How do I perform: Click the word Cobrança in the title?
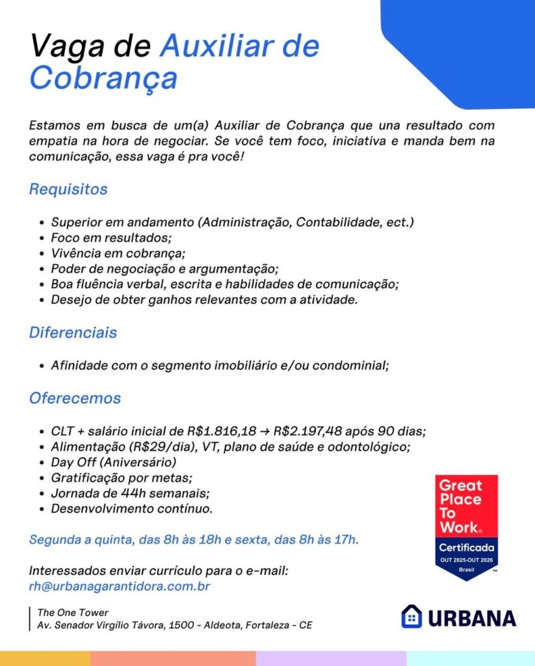click(x=103, y=79)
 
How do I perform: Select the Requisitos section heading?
click(x=68, y=190)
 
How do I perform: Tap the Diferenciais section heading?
click(x=73, y=332)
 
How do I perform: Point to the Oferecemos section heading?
click(x=75, y=397)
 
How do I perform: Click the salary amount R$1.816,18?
click(x=222, y=431)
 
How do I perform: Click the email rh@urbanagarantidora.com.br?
click(x=120, y=586)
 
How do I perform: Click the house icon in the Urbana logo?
click(x=411, y=617)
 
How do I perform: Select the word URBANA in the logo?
click(x=472, y=618)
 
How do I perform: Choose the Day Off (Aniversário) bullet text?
click(x=114, y=462)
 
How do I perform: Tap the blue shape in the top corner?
click(x=468, y=46)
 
